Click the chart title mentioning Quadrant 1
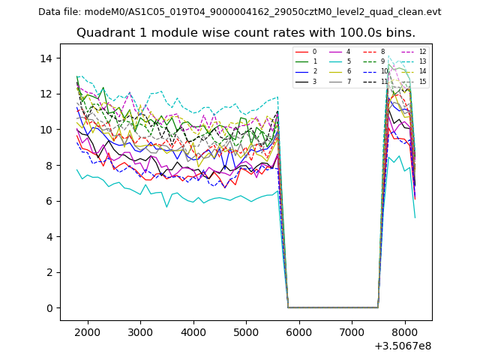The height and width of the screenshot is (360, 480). pos(245,33)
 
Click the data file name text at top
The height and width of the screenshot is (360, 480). pos(239,12)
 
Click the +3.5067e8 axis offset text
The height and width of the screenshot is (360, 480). pos(402,346)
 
